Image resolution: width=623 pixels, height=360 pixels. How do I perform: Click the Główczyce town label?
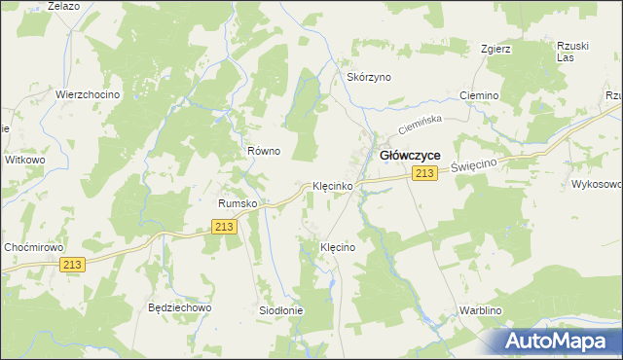[410, 155]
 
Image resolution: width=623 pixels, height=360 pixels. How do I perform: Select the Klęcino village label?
[339, 248]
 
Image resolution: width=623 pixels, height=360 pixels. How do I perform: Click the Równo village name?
[264, 151]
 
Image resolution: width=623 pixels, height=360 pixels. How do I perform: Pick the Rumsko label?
[237, 203]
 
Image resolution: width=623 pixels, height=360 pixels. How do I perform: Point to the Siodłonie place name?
[281, 310]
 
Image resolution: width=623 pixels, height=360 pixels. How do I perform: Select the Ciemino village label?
[478, 96]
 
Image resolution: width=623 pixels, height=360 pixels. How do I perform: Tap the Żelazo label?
[62, 6]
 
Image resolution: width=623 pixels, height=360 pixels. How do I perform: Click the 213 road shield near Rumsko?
[224, 227]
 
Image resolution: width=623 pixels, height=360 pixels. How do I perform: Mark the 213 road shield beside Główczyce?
[423, 173]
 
